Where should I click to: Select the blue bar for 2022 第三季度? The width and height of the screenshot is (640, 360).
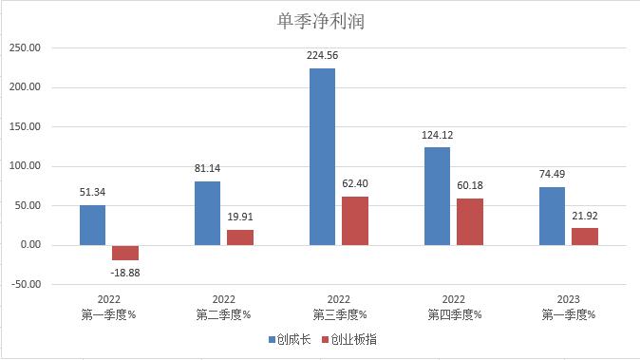(x=322, y=157)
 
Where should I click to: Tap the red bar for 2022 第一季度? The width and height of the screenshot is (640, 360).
(x=125, y=252)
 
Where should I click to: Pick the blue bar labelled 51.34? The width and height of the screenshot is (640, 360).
(x=92, y=225)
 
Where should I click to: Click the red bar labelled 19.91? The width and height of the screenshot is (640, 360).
(x=240, y=237)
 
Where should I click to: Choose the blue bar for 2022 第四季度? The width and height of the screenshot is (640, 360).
(x=437, y=196)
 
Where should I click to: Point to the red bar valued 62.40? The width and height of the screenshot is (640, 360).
(x=355, y=220)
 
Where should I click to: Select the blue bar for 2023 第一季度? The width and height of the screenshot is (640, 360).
(x=552, y=216)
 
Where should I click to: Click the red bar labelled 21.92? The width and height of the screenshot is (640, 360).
(x=585, y=236)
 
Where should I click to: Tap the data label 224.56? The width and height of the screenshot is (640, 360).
(x=322, y=55)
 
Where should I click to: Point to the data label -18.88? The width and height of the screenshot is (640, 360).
(x=126, y=272)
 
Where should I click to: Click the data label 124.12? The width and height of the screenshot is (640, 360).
(x=437, y=135)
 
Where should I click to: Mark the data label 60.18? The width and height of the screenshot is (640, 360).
(x=470, y=185)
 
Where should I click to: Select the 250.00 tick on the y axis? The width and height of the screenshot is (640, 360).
(x=26, y=48)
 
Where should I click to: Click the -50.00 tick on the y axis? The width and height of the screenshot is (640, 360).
(x=26, y=284)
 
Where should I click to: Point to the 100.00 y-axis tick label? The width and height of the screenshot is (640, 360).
(x=26, y=166)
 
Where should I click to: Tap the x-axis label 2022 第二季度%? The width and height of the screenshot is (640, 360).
(x=223, y=306)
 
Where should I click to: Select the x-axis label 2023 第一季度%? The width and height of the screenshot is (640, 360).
(x=568, y=306)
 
